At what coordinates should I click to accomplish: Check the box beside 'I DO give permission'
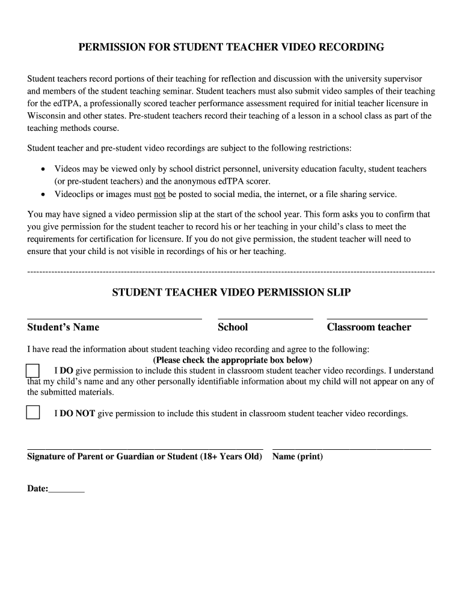(33, 371)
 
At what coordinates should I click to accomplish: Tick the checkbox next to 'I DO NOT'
(33, 413)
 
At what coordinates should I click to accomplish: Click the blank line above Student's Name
(114, 317)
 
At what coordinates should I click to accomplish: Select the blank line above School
(265, 317)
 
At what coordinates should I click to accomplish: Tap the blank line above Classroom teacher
(377, 317)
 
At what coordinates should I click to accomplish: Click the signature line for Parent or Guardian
(145, 448)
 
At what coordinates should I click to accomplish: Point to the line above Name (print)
(352, 448)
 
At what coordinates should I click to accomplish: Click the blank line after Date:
(67, 491)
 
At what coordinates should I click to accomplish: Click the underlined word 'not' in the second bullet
(160, 195)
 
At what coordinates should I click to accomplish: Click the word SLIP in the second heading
(339, 292)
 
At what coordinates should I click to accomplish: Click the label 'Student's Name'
(63, 327)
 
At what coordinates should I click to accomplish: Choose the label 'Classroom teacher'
(369, 327)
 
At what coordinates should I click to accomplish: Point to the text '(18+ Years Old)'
(231, 457)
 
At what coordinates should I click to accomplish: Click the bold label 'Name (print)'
(298, 457)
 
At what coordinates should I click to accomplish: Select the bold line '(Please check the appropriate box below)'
(233, 360)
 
